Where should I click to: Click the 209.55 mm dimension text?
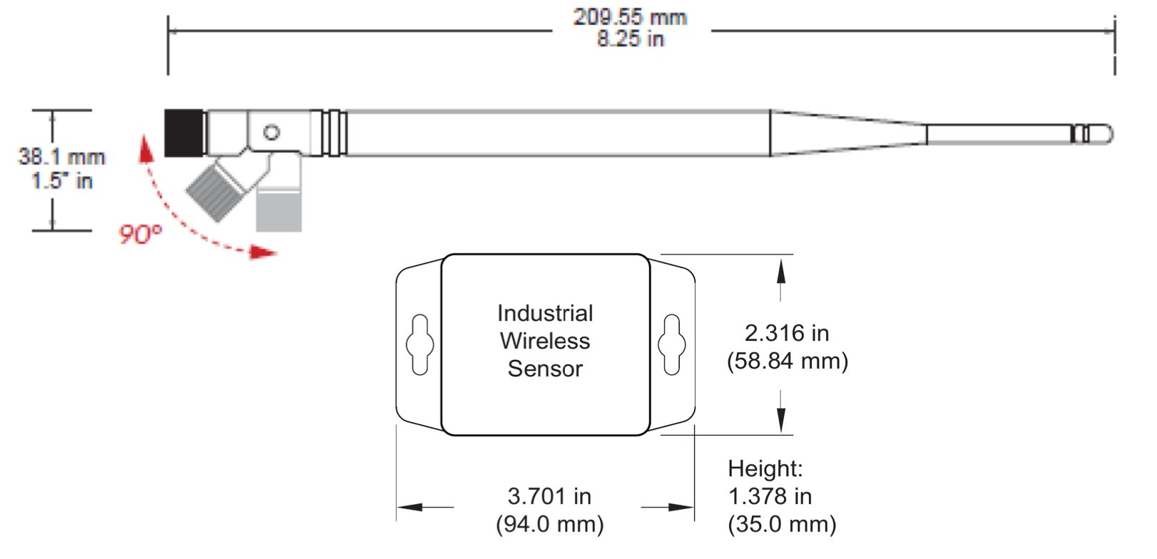click(x=630, y=17)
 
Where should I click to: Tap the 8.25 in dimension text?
click(x=630, y=39)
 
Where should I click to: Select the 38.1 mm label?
click(x=61, y=156)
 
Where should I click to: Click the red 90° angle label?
click(x=140, y=234)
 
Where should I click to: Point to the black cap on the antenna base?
click(x=185, y=133)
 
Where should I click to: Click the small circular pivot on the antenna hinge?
click(x=271, y=133)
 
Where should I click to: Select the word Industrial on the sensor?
click(x=545, y=313)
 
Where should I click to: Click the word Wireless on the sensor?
click(x=545, y=341)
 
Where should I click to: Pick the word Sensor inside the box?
click(x=545, y=369)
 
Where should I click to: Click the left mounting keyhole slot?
click(x=419, y=345)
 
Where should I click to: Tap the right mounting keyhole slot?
click(x=671, y=345)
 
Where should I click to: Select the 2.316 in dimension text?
click(x=787, y=333)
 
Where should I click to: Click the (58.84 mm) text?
click(x=787, y=361)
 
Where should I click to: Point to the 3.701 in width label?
click(x=549, y=496)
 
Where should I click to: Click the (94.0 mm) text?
click(x=549, y=524)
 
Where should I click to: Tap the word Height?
click(x=765, y=468)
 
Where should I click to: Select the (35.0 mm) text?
click(x=781, y=524)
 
